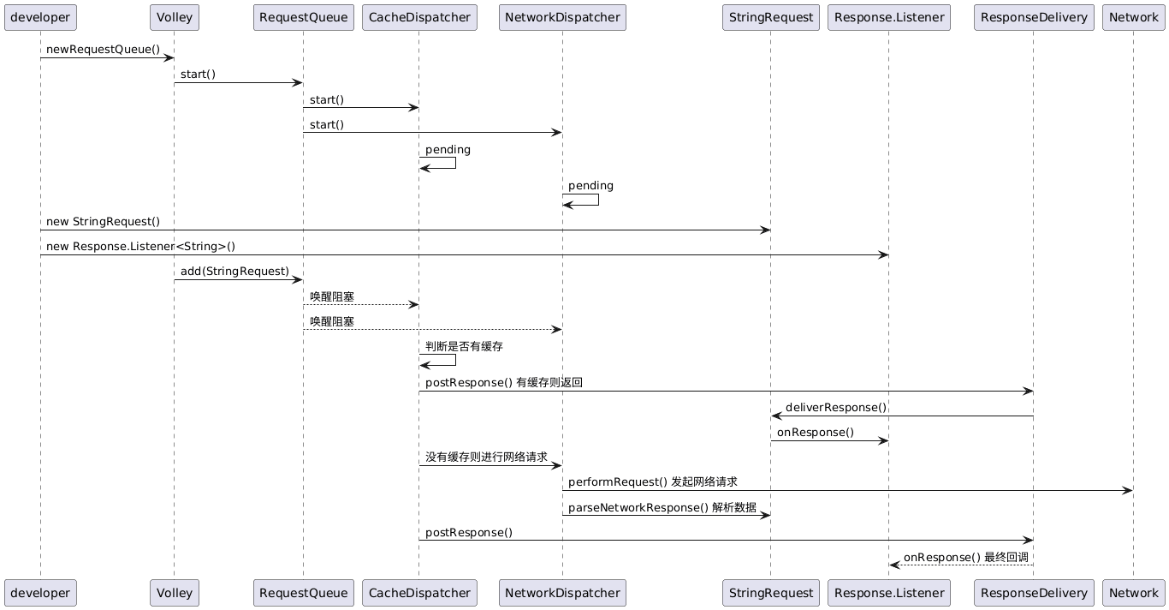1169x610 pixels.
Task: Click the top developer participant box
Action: pyautogui.click(x=40, y=17)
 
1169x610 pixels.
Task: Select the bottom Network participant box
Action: pyautogui.click(x=1133, y=592)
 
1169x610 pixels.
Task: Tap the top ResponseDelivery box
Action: pyautogui.click(x=1034, y=17)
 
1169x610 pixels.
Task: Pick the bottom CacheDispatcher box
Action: pyautogui.click(x=418, y=592)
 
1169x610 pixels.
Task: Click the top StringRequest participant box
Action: pyautogui.click(x=770, y=17)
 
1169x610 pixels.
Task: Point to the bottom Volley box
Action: pyautogui.click(x=175, y=592)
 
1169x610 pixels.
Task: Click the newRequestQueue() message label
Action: pyautogui.click(x=103, y=50)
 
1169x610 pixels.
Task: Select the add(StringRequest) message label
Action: pyautogui.click(x=234, y=272)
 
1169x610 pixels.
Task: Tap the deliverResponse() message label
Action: pyautogui.click(x=835, y=407)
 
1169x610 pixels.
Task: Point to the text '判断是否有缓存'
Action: pyautogui.click(x=464, y=347)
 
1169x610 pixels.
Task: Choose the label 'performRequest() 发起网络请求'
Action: pyautogui.click(x=652, y=482)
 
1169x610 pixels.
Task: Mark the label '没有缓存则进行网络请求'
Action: pyautogui.click(x=486, y=457)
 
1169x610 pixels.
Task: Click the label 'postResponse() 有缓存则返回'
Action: pyautogui.click(x=503, y=382)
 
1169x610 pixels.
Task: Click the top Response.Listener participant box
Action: pyautogui.click(x=888, y=17)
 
